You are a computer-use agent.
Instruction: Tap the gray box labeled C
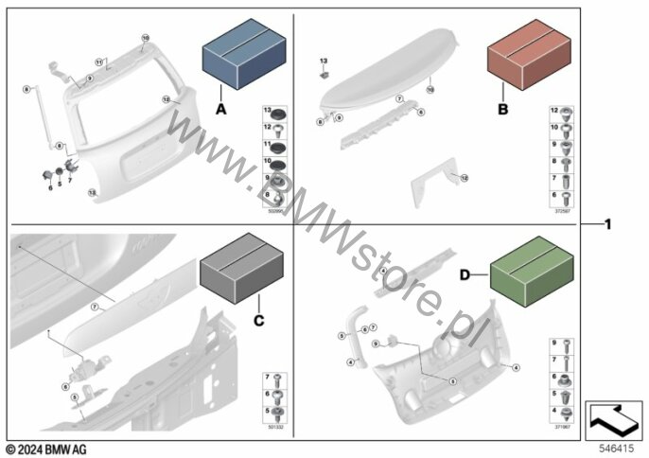click(x=237, y=269)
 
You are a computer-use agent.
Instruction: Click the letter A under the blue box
click(x=222, y=110)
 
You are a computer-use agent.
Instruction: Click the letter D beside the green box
click(x=465, y=274)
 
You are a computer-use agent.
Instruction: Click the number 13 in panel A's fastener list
click(x=266, y=113)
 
